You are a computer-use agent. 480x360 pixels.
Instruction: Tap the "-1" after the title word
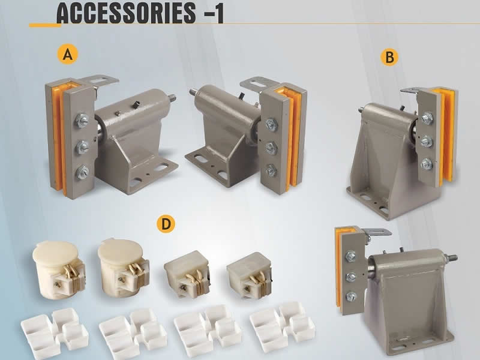coord(214,13)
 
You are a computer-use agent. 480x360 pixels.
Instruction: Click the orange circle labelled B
coord(390,58)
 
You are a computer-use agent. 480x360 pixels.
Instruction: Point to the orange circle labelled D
coord(164,224)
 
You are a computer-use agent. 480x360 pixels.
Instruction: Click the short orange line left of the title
coord(44,25)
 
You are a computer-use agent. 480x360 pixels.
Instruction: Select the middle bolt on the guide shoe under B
coord(427,141)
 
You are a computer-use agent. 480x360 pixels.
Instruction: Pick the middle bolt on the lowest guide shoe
coord(351,276)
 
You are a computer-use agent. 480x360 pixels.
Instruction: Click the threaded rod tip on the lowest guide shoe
coord(454,259)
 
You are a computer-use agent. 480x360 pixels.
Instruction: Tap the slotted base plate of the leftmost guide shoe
coord(148,175)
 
